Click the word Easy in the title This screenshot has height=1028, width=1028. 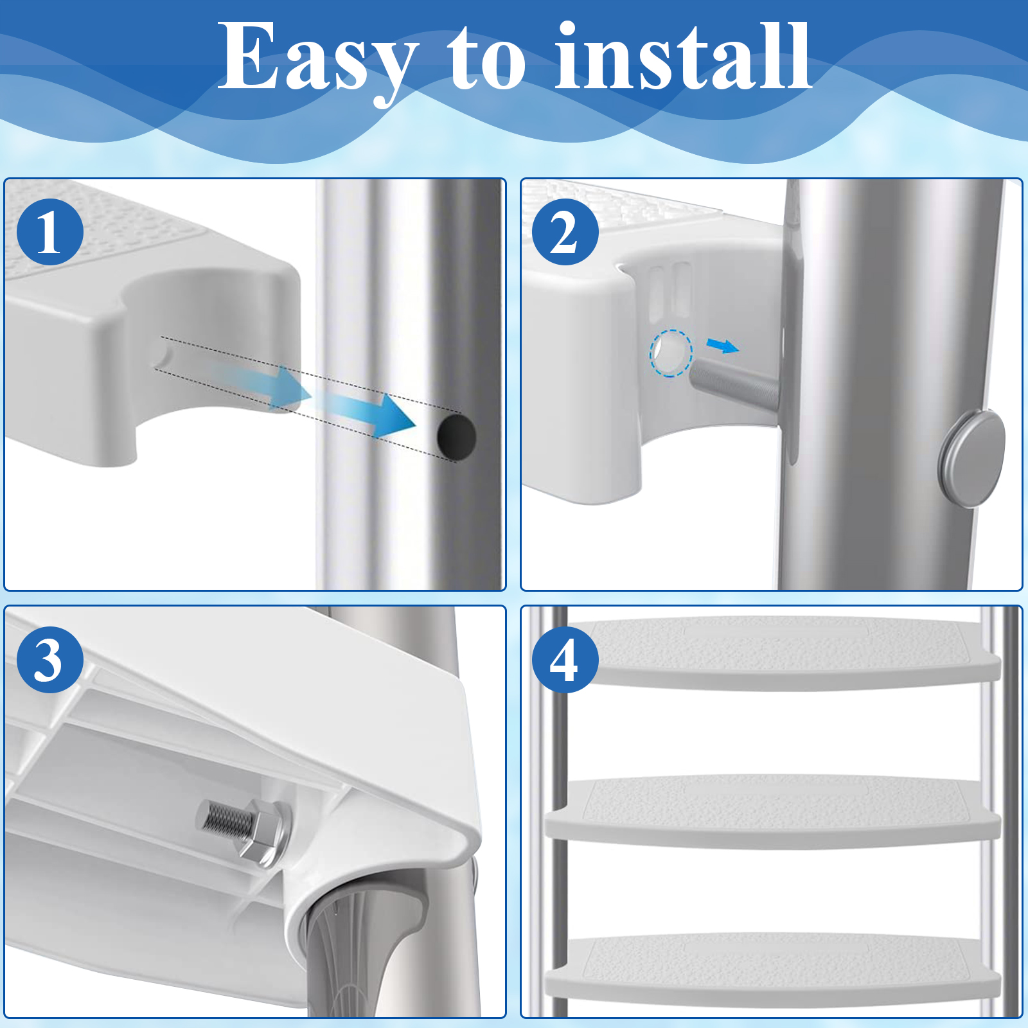pyautogui.click(x=318, y=61)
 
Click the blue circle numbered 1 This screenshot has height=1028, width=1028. pyautogui.click(x=50, y=232)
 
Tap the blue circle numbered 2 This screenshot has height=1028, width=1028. pyautogui.click(x=565, y=232)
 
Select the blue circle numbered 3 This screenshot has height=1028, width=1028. pyautogui.click(x=50, y=660)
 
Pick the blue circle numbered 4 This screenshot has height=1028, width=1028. pyautogui.click(x=565, y=660)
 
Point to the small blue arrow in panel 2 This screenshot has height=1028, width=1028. pyautogui.click(x=723, y=346)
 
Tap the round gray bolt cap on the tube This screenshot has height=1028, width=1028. pyautogui.click(x=971, y=458)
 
